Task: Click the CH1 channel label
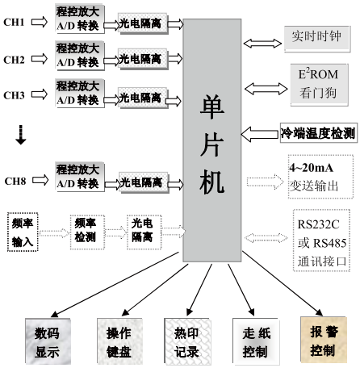tap(14, 22)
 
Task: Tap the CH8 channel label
tap(15, 181)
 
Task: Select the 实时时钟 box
tap(317, 39)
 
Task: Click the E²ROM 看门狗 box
tap(319, 85)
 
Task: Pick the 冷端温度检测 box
tap(319, 132)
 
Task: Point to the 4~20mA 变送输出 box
tap(320, 177)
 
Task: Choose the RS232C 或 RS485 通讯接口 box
tap(321, 240)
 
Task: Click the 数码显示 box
tap(48, 341)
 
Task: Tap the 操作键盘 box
tap(119, 341)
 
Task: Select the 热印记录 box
tap(187, 341)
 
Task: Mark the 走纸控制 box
tap(256, 341)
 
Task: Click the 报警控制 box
tap(324, 340)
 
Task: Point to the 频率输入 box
tap(23, 232)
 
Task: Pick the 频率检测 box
tap(87, 232)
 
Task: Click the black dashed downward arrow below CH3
tap(21, 135)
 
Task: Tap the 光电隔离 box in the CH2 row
tap(143, 59)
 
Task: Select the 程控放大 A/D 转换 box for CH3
tap(80, 93)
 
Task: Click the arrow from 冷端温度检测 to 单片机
tap(260, 134)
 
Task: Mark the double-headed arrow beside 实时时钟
tap(262, 44)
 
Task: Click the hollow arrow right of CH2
tap(40, 59)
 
